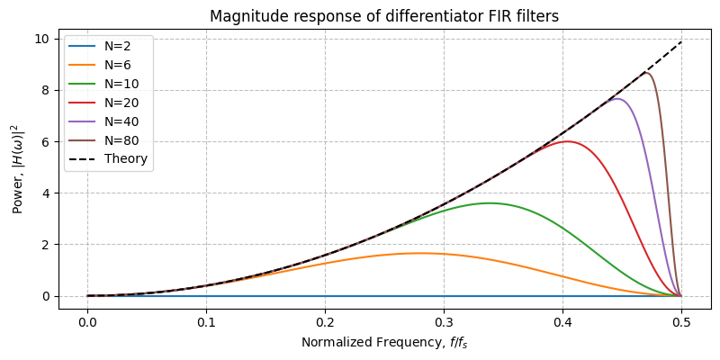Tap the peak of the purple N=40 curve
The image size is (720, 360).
[x=616, y=99]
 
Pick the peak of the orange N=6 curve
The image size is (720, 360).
[x=420, y=253]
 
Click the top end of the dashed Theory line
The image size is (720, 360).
[x=681, y=41]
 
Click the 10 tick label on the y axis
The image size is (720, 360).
[x=40, y=39]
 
